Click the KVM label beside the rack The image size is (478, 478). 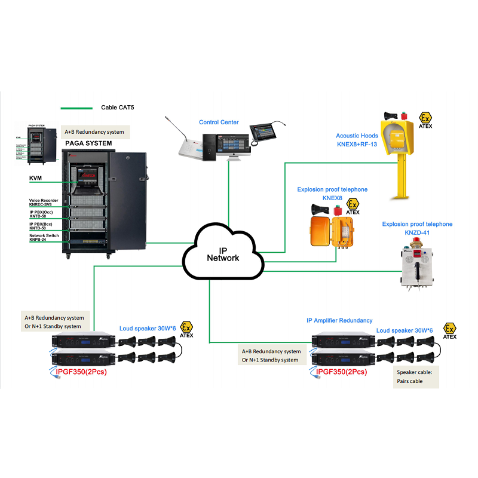(35, 178)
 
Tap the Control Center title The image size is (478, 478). (219, 122)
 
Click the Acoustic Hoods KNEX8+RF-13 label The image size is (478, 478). (357, 140)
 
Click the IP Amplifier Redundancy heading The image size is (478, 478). (339, 321)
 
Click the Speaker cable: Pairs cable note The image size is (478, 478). (416, 376)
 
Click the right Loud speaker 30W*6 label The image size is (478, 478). (404, 330)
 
